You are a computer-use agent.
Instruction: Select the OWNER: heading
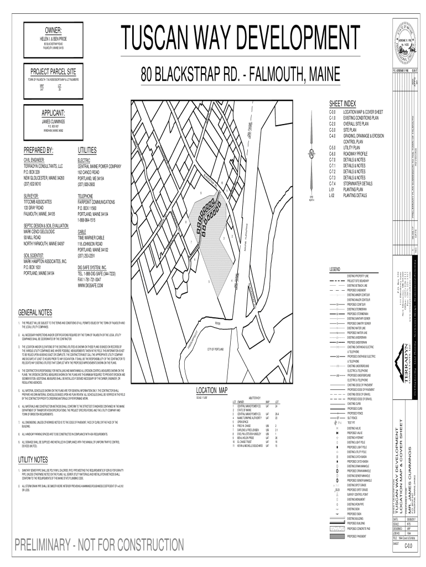coord(53,29)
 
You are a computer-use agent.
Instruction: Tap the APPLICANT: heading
coord(53,112)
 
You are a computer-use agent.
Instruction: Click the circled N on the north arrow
coord(311,154)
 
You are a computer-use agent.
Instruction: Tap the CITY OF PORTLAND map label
coord(216,349)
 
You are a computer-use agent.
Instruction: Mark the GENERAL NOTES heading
coord(35,312)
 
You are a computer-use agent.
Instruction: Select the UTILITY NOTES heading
coord(33,460)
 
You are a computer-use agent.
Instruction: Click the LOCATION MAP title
coord(212,390)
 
